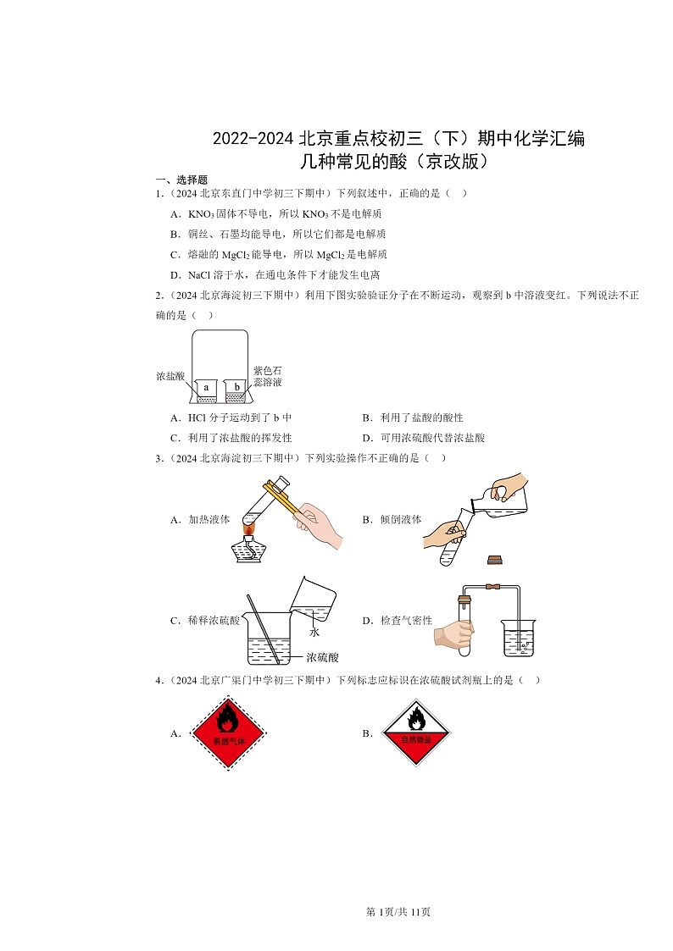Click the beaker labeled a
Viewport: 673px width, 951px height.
coord(206,390)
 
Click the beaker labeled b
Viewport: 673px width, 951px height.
coord(236,390)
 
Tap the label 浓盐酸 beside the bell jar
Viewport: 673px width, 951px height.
coord(170,375)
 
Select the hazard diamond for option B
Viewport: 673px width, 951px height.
coord(416,733)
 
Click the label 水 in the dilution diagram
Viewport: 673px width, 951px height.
coord(314,632)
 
